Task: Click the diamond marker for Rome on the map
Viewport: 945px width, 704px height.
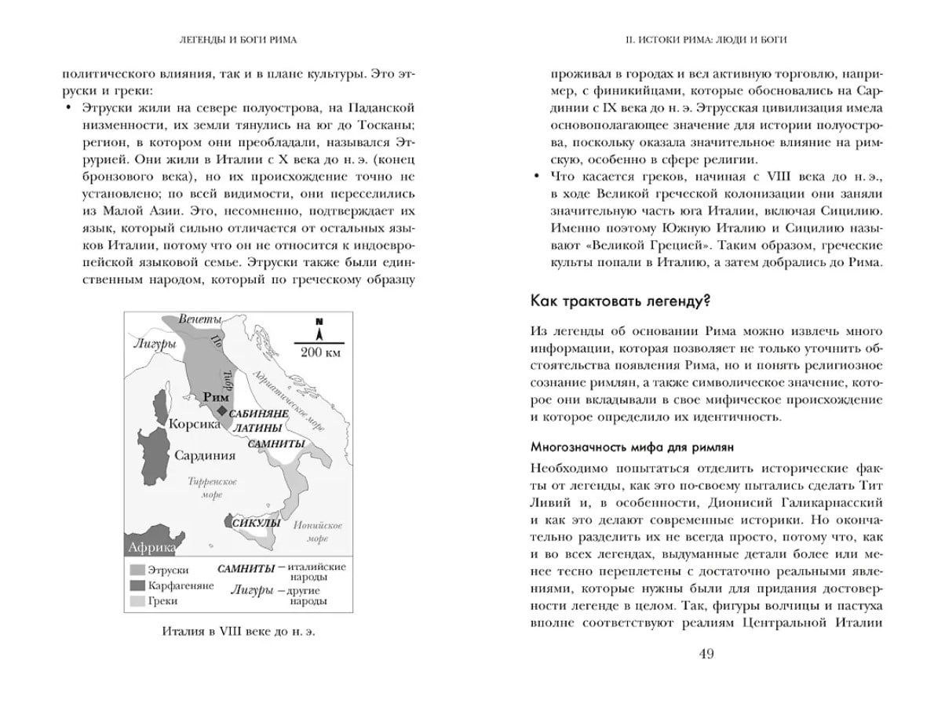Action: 222,411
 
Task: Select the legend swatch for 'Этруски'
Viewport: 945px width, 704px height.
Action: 137,570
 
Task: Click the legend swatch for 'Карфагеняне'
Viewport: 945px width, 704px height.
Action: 137,585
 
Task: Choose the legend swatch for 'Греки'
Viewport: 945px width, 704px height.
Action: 137,601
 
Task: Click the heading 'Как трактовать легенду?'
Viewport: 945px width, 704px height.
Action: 622,301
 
